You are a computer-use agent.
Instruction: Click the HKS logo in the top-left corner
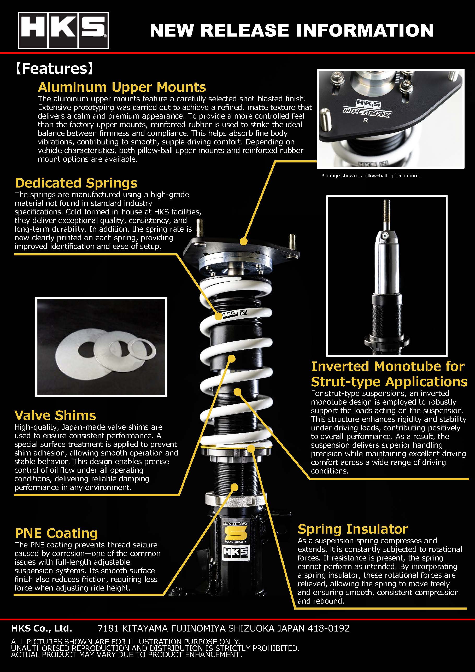(63, 30)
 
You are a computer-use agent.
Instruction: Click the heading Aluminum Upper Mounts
(122, 87)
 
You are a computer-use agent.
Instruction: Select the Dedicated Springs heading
(76, 183)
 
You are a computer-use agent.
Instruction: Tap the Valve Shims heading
(55, 415)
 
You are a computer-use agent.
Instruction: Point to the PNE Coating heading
(56, 533)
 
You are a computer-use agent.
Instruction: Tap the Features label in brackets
(54, 68)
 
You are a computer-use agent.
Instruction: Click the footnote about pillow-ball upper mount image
(371, 176)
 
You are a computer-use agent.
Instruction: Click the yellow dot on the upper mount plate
(243, 241)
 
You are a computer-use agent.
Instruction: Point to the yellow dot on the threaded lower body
(234, 487)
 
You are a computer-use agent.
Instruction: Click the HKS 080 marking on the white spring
(235, 314)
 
